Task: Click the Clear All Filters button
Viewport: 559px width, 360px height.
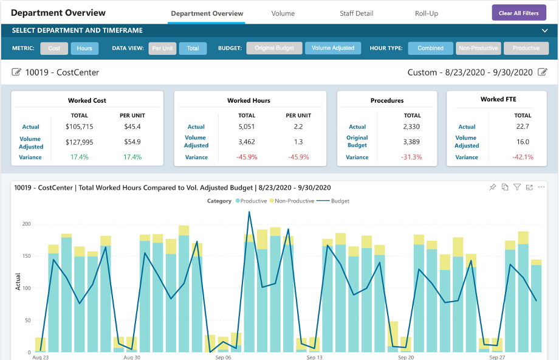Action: (x=519, y=13)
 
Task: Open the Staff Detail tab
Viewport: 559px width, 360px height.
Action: (x=356, y=13)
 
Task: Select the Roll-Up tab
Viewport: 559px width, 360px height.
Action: (x=426, y=13)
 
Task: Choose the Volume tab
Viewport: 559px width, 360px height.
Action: (x=283, y=13)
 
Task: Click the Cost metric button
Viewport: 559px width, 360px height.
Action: (x=54, y=48)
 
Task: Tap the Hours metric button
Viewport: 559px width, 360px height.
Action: (x=84, y=48)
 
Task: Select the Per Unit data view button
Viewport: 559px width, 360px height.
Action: (x=162, y=48)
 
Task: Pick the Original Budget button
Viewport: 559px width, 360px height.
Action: (x=274, y=48)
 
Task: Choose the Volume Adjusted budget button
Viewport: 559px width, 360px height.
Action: (x=333, y=48)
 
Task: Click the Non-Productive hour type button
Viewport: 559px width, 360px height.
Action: (x=478, y=48)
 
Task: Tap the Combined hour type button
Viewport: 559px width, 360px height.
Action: (x=430, y=48)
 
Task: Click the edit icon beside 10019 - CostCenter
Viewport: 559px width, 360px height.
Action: (x=16, y=72)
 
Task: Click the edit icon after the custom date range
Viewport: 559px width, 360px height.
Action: (x=543, y=72)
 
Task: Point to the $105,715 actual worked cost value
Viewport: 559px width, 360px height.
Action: (x=79, y=126)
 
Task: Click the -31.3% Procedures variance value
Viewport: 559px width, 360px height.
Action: (x=412, y=157)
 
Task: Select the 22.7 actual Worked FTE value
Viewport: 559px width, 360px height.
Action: (x=523, y=126)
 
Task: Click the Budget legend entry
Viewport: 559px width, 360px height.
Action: (x=336, y=201)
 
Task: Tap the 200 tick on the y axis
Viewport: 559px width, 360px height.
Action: (x=26, y=224)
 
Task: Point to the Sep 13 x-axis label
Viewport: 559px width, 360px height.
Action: (x=315, y=358)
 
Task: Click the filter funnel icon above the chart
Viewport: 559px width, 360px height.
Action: (x=517, y=187)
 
